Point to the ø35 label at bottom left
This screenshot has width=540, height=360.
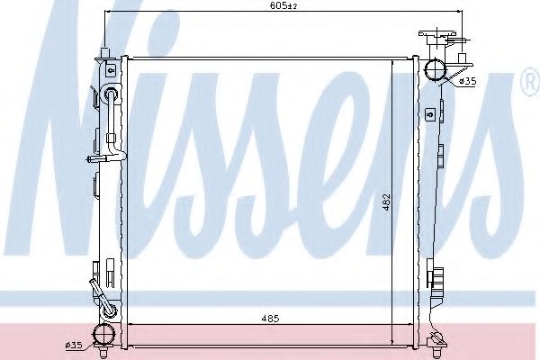pyautogui.click(x=73, y=343)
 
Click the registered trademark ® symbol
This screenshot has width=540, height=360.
pyautogui.click(x=528, y=84)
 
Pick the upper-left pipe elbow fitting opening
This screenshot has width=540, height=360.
pyautogui.click(x=111, y=95)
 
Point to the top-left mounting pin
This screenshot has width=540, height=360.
pyautogui.click(x=105, y=53)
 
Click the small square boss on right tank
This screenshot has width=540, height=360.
pyautogui.click(x=430, y=113)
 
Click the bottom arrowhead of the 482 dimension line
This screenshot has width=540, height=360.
pyautogui.click(x=393, y=343)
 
